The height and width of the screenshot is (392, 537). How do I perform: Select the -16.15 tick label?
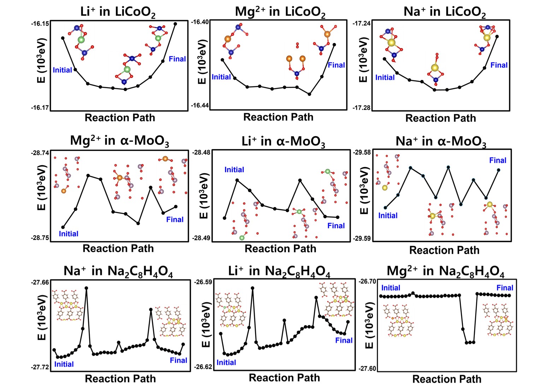click(x=40, y=23)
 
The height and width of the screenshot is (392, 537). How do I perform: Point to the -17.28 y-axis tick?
click(x=361, y=107)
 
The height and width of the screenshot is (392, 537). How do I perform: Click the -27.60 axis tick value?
click(x=367, y=368)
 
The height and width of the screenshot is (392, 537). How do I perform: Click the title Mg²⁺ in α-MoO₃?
click(x=119, y=141)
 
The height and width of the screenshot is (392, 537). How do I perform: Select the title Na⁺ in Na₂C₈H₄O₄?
click(x=118, y=271)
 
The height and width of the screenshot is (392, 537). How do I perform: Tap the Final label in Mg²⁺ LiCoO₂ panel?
click(x=336, y=65)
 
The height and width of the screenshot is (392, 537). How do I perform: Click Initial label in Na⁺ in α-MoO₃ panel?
click(x=388, y=216)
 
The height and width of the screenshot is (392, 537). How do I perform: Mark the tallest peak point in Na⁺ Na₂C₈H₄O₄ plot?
click(x=86, y=288)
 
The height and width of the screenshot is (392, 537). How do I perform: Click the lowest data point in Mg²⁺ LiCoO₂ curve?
click(x=309, y=94)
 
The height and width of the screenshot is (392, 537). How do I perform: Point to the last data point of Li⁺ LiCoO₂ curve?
click(x=175, y=24)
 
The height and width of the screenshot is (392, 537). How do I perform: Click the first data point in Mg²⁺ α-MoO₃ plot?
click(x=63, y=227)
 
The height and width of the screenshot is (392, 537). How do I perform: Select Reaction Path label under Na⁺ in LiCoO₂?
click(x=440, y=118)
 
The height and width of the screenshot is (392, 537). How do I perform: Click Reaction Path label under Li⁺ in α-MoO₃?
click(x=280, y=249)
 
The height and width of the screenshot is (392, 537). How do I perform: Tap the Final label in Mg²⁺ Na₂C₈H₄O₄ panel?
click(x=504, y=288)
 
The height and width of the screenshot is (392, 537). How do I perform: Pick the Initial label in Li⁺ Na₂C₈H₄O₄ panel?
click(x=226, y=362)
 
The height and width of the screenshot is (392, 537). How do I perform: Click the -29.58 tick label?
click(x=361, y=152)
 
